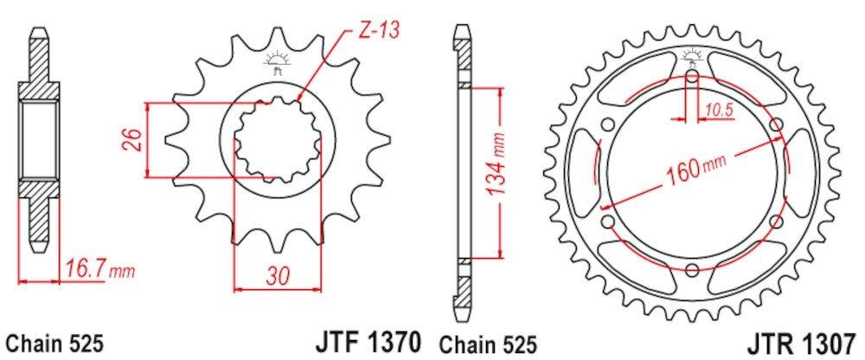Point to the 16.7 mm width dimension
click(x=98, y=272)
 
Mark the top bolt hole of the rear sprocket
click(x=693, y=80)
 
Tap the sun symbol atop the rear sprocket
click(x=693, y=57)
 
